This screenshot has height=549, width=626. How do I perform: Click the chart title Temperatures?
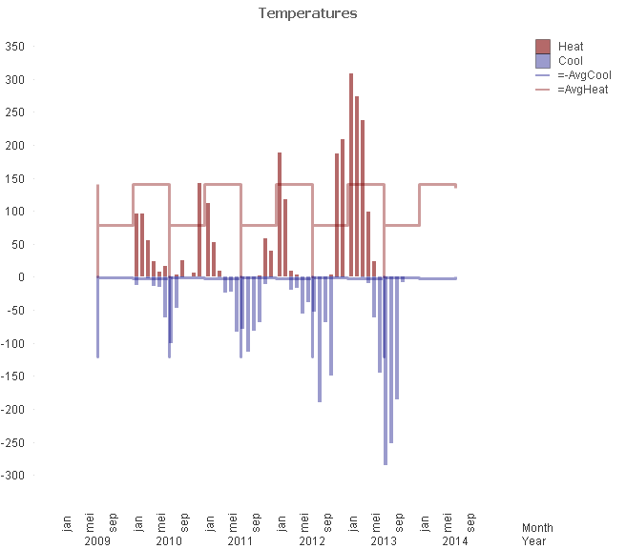tap(308, 13)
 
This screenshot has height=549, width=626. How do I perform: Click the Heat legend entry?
tap(571, 46)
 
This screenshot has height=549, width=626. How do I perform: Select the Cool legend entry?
tap(571, 60)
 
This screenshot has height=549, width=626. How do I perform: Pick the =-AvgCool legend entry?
tap(583, 75)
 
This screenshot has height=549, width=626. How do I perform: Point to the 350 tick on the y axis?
tap(15, 47)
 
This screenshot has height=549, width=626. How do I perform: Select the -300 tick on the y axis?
tap(13, 476)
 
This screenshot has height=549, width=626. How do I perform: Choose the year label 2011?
tap(240, 541)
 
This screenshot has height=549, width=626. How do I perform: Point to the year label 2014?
tap(455, 541)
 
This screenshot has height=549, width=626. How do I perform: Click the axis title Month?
tap(537, 527)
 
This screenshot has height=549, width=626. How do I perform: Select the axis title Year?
tap(533, 541)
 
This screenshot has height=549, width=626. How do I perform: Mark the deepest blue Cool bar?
tap(386, 372)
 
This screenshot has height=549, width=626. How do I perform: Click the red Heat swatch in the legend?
tap(543, 46)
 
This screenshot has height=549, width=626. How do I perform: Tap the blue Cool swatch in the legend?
tap(543, 60)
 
